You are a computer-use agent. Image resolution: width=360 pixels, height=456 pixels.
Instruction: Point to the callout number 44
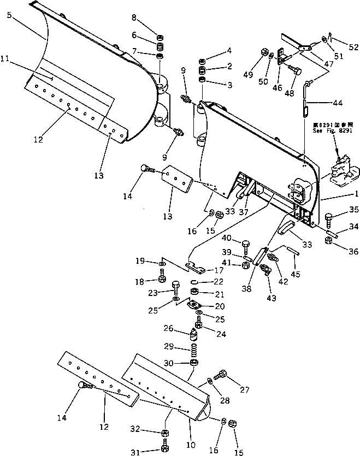(337, 103)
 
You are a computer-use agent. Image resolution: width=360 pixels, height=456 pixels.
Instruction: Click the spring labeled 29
(193, 347)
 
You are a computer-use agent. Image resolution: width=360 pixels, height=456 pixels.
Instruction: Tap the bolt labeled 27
(223, 375)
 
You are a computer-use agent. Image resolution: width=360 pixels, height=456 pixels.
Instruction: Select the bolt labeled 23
(176, 287)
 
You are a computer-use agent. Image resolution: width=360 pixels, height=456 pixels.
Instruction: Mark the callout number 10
(191, 446)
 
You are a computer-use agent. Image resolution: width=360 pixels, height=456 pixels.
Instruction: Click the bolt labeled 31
(165, 449)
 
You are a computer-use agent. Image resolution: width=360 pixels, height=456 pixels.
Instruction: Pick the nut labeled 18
(162, 279)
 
